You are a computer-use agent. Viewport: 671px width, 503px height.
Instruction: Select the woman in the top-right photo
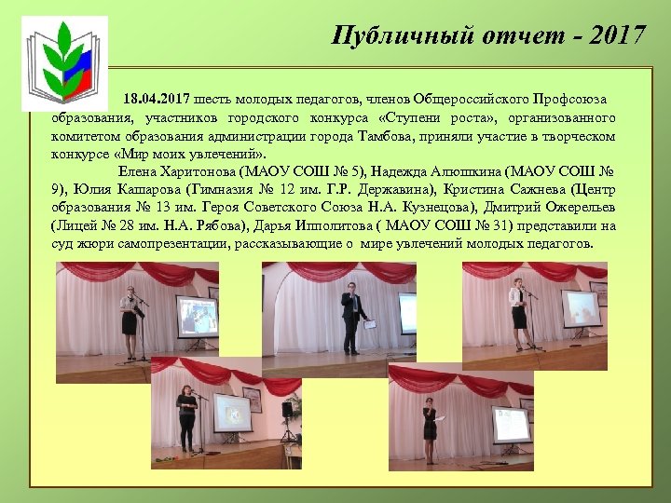518,313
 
